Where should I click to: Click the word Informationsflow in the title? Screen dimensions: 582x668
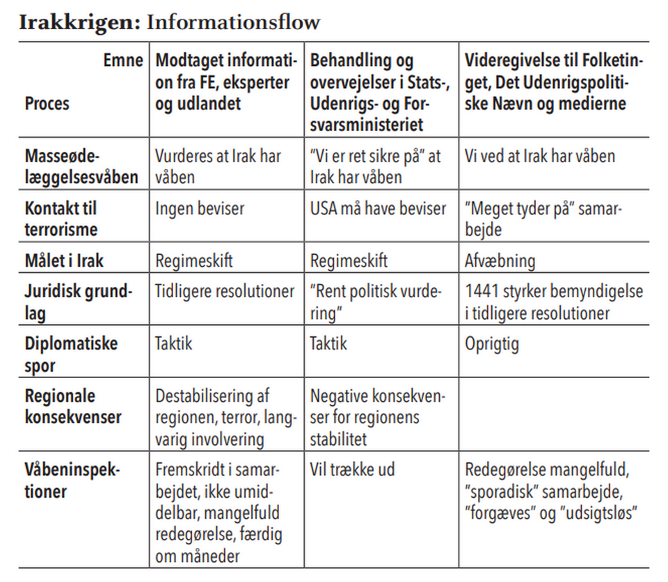(233, 22)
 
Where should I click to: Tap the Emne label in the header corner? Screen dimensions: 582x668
(122, 60)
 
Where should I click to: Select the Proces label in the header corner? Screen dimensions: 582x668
(47, 103)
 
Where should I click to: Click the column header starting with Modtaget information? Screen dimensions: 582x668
(226, 81)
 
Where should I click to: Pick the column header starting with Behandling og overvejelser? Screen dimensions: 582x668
(380, 92)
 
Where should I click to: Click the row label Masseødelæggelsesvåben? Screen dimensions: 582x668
(81, 166)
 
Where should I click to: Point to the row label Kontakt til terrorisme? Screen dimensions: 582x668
(61, 218)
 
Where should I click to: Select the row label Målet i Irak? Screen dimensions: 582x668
(65, 261)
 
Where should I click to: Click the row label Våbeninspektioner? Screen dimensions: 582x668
(72, 480)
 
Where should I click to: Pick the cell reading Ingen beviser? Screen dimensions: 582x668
(200, 208)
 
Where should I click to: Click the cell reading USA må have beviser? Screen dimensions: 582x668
(378, 208)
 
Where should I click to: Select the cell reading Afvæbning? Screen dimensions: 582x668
(500, 261)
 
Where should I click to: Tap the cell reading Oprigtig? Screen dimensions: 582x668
(491, 343)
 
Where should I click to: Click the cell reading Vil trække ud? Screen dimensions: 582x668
(352, 469)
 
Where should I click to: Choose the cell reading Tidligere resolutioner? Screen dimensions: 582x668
(225, 291)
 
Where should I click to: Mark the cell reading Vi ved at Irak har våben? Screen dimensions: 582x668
(539, 155)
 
